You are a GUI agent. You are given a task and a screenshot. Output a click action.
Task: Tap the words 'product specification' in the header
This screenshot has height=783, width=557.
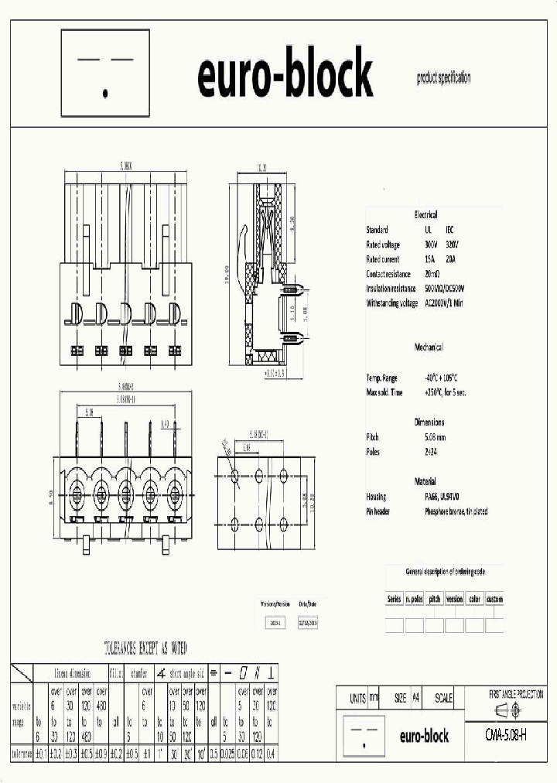click(x=443, y=78)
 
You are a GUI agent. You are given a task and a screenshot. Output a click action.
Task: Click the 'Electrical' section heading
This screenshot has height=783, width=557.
click(x=425, y=214)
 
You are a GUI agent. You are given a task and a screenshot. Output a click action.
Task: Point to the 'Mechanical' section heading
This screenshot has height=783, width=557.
click(x=429, y=347)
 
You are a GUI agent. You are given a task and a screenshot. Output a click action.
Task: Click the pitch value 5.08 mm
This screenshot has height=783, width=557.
click(x=437, y=437)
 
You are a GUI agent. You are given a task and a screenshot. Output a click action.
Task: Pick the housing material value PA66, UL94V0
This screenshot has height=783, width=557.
click(x=443, y=497)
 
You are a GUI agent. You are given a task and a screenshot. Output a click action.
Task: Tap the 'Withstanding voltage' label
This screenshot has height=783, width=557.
click(x=393, y=303)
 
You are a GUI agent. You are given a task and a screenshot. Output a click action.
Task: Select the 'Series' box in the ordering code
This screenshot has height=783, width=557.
click(x=395, y=600)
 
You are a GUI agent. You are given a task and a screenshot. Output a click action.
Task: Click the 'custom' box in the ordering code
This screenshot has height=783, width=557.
click(x=494, y=600)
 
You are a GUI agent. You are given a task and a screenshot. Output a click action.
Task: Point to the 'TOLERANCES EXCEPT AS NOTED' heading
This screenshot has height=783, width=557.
click(x=145, y=648)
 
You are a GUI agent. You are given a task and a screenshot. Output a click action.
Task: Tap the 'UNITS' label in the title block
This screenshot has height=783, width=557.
click(x=357, y=698)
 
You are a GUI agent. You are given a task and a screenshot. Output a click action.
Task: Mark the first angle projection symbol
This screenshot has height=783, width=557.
click(x=506, y=710)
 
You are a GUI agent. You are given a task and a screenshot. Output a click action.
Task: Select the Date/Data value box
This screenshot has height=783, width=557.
click(x=307, y=621)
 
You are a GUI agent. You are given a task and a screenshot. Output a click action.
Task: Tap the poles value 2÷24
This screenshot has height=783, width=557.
click(x=432, y=452)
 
